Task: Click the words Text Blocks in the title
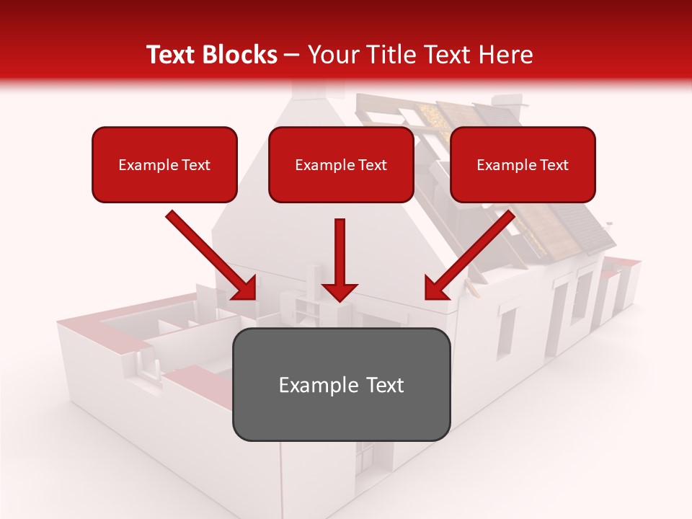pos(211,55)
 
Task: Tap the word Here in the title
pos(507,55)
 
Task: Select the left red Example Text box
pos(164,164)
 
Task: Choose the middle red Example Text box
pos(341,164)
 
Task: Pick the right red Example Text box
pos(523,164)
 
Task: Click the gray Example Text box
pos(341,384)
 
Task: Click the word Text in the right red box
pos(554,165)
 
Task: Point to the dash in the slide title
pos(292,56)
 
